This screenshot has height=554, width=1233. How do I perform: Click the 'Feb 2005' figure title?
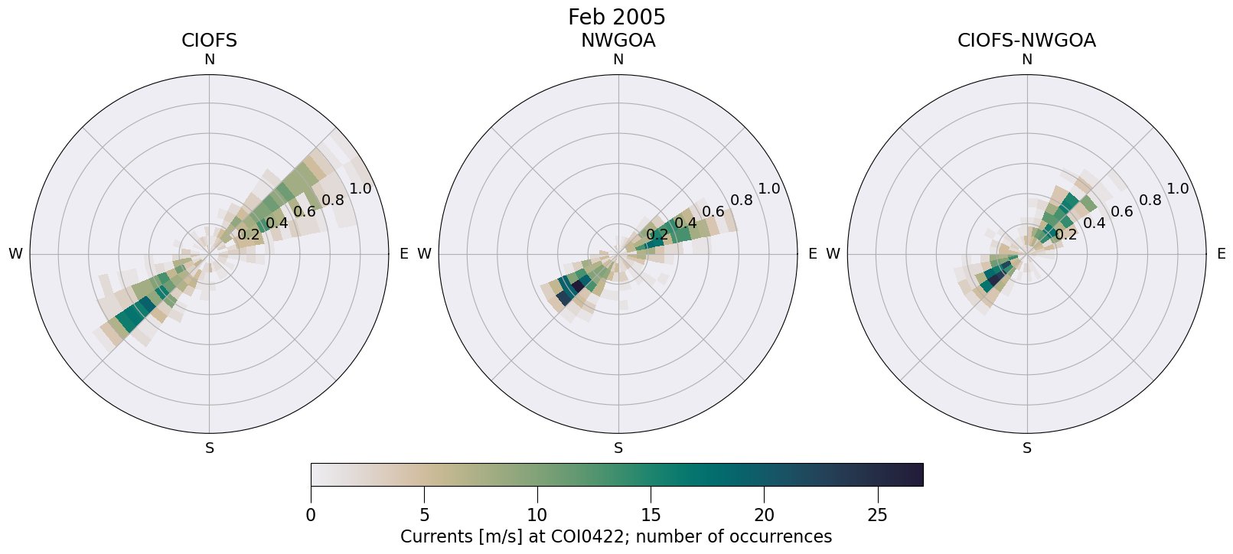coord(616,17)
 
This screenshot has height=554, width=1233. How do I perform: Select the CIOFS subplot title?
coord(209,41)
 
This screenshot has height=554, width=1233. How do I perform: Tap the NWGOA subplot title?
coord(618,41)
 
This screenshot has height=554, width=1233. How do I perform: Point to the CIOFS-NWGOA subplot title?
coord(1026,41)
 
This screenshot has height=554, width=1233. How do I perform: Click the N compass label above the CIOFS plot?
coord(209,60)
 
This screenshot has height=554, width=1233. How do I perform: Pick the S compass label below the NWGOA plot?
coord(618,448)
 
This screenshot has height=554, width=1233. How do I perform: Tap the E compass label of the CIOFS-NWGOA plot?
coord(1221,254)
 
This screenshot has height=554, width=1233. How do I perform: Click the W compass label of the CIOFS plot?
coord(15,254)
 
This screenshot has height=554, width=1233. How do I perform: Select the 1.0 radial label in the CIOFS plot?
coord(360,189)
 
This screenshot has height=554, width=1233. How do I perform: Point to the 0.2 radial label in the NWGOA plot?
coord(657,235)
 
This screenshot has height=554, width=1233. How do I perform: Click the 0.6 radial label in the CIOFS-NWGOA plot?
coord(1121,212)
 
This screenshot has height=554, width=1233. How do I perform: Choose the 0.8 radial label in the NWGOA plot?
coord(741,200)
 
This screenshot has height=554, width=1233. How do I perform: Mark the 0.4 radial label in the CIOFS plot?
coord(276,223)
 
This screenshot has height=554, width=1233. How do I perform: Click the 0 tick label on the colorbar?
coord(311,515)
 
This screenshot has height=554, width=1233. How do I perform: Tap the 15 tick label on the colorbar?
coord(651,515)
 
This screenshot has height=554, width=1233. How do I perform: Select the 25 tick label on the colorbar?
coord(877,515)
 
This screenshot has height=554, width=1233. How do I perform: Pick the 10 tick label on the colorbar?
coord(537,515)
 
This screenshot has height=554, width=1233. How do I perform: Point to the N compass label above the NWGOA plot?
coord(618,60)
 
